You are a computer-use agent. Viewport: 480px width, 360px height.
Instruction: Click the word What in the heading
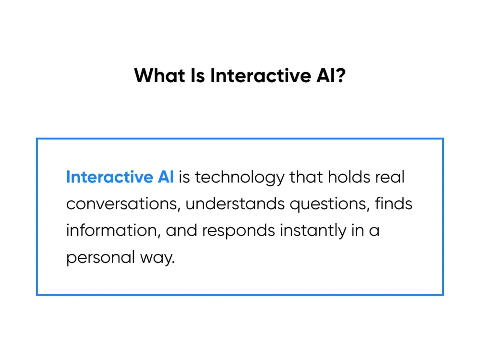click(x=159, y=75)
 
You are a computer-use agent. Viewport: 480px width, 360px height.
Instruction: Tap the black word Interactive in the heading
click(x=261, y=75)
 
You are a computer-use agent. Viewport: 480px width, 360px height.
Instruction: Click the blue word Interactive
click(x=109, y=177)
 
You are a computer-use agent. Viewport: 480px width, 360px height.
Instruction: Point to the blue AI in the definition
click(x=166, y=177)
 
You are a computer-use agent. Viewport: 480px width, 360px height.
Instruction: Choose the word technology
click(x=240, y=178)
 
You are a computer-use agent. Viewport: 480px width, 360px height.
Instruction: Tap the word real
click(x=390, y=177)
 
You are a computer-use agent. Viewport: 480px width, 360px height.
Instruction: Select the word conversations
click(x=122, y=204)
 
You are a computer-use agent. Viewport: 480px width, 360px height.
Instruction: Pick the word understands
click(x=235, y=204)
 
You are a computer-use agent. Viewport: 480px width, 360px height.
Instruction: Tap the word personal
click(x=100, y=258)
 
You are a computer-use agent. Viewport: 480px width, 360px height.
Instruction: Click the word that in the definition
click(x=306, y=177)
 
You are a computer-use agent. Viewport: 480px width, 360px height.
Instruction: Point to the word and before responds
click(x=181, y=230)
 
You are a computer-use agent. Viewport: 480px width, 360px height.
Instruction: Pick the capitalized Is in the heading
click(x=198, y=75)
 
